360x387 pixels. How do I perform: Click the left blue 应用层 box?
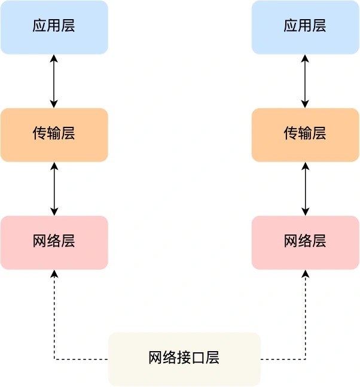(54, 27)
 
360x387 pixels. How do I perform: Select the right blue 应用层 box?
(305, 27)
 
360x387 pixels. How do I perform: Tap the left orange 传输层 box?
(54, 135)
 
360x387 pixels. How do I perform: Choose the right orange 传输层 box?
(305, 135)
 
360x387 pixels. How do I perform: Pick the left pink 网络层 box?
(54, 242)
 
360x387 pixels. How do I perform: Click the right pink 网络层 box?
(305, 242)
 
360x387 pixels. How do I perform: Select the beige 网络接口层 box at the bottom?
(184, 359)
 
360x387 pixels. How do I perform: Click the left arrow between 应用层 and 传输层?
(54, 81)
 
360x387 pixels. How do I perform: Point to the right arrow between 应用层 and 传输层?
(305, 81)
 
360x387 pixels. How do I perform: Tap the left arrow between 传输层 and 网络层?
(54, 188)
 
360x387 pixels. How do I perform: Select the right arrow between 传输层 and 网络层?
(305, 188)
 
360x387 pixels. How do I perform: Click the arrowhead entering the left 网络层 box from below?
(54, 273)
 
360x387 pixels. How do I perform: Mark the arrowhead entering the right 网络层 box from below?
(306, 273)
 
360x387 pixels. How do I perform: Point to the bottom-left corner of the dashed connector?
(54, 359)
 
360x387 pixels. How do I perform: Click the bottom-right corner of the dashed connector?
(306, 359)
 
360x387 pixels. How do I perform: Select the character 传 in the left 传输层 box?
(39, 133)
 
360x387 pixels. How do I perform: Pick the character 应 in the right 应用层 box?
(291, 26)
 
